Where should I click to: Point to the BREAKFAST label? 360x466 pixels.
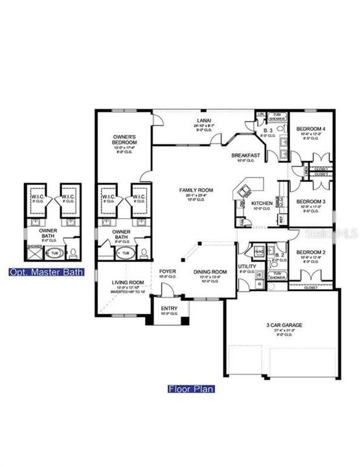(246, 155)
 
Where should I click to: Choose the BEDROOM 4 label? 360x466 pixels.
(311, 129)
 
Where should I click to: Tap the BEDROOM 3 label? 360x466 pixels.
(311, 201)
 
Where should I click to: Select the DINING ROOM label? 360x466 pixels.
(210, 271)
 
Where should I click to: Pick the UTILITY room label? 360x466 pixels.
(247, 266)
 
